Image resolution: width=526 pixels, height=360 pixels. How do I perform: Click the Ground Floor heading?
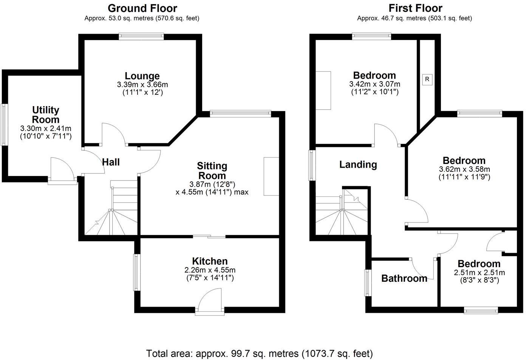(142, 8)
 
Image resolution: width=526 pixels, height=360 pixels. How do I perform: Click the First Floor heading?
(415, 8)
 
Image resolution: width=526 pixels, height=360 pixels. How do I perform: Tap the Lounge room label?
(142, 76)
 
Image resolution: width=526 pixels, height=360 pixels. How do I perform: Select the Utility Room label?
(46, 114)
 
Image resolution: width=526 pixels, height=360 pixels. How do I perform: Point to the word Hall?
(111, 162)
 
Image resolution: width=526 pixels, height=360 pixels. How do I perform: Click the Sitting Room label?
(212, 170)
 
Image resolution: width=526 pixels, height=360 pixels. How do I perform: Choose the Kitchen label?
(210, 261)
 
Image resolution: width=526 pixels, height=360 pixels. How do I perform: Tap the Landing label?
(358, 164)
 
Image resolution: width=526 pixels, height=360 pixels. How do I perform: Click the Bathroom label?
(404, 278)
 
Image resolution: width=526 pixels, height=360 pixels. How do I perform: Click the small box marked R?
(427, 79)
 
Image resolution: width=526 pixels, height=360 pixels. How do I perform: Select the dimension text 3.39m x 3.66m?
(142, 85)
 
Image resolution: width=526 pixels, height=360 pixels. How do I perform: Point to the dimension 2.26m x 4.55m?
(210, 270)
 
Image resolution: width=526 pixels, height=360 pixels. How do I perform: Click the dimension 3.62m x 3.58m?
(464, 169)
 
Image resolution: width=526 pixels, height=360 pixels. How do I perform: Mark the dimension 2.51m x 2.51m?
(479, 273)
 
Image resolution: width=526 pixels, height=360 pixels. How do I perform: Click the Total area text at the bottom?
(259, 354)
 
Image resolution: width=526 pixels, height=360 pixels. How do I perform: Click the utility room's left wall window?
(4, 125)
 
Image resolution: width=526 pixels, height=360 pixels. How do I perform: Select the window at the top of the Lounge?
(141, 36)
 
